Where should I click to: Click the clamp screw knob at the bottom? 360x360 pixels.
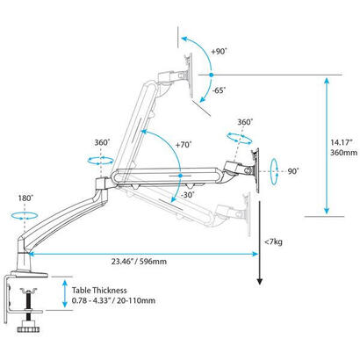pos(26,330)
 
